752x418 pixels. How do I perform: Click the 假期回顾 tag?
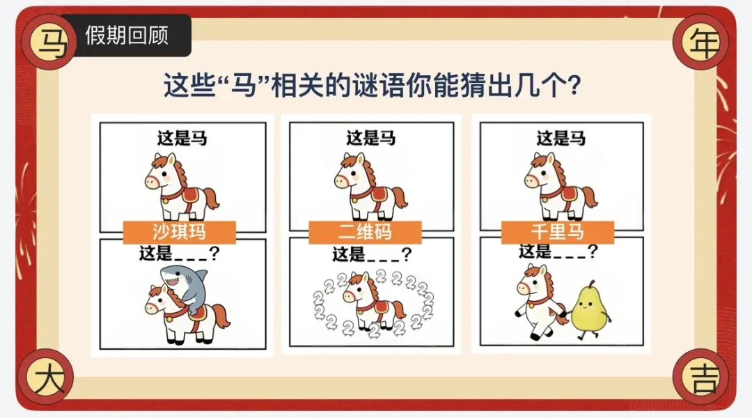[x=125, y=35]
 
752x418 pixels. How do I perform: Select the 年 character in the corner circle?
[x=704, y=42]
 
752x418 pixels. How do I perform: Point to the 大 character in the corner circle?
[x=49, y=378]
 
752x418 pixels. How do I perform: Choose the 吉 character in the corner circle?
[x=704, y=378]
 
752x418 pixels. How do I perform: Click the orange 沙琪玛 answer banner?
[x=180, y=232]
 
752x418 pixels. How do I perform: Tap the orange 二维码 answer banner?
[x=365, y=232]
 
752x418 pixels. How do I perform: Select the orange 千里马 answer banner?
[x=558, y=232]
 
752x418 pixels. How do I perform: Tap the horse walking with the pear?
[x=541, y=303]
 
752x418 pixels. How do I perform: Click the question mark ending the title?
[x=572, y=86]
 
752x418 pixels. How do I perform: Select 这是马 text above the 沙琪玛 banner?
[x=182, y=138]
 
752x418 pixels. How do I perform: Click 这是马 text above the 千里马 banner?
[x=561, y=138]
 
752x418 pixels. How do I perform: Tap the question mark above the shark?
[x=214, y=253]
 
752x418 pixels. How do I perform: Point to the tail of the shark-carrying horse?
[x=221, y=317]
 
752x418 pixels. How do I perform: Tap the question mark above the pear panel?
[x=593, y=251]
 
